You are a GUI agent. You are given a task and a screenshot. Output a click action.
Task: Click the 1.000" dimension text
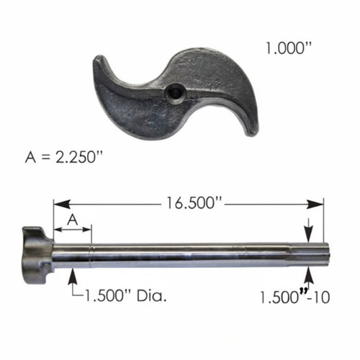click(x=288, y=48)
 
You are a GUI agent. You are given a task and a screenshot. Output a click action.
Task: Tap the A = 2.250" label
click(x=64, y=157)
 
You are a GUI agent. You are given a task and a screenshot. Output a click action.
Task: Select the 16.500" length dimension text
click(x=194, y=203)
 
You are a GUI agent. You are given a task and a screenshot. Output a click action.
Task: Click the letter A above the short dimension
click(x=73, y=220)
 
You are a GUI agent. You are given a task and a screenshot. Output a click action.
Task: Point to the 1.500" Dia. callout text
click(x=125, y=296)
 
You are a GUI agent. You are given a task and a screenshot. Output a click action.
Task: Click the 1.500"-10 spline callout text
click(x=295, y=297)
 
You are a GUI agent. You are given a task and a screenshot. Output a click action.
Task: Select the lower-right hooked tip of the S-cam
click(x=252, y=131)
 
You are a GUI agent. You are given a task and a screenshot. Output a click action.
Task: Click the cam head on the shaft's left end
click(x=37, y=255)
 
